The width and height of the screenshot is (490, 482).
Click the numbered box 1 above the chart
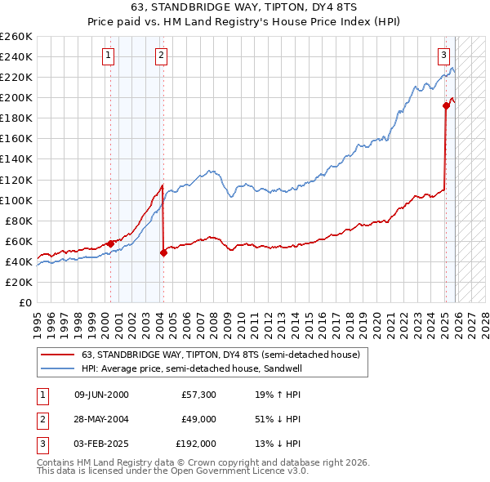coord(109,56)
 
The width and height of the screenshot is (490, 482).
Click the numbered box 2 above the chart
coord(162,56)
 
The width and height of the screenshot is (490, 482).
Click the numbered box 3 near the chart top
coord(443,56)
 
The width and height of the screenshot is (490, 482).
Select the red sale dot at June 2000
coord(110,243)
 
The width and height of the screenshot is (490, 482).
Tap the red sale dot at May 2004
coord(163,252)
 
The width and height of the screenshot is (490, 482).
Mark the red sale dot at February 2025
coord(446,105)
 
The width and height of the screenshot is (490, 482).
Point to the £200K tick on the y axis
coord(16,97)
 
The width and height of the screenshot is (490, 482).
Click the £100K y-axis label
coord(16,200)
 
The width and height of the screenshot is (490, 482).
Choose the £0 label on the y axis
coord(24,302)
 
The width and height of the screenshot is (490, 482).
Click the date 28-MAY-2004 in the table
coord(101,419)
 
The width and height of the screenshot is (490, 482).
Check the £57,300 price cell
coord(199,395)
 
